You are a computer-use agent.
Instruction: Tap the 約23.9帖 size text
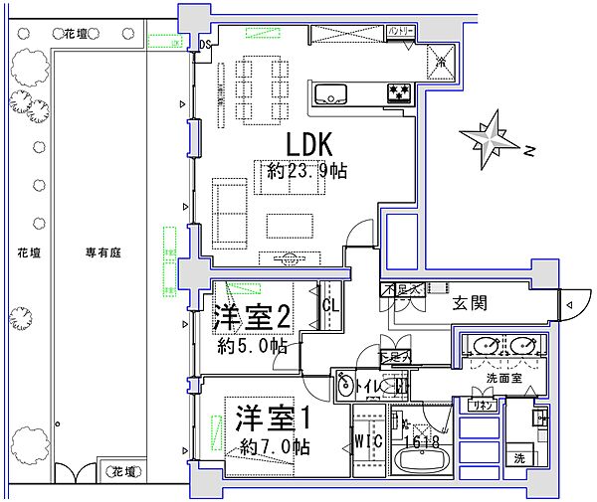click(306, 171)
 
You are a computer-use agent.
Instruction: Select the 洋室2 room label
click(252, 317)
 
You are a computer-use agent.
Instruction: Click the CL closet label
click(330, 306)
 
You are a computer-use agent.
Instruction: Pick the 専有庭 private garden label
click(102, 253)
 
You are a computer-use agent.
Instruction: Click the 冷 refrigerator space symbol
click(442, 62)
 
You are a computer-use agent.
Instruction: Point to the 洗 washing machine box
click(520, 458)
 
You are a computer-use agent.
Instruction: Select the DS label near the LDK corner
click(206, 44)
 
